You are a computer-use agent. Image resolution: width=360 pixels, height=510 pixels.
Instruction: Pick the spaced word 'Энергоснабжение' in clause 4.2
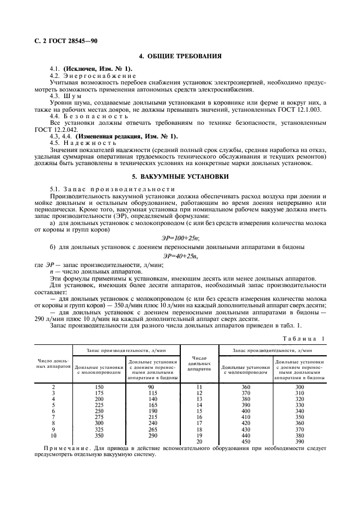102,75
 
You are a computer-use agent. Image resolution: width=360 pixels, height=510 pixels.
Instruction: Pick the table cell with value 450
245,441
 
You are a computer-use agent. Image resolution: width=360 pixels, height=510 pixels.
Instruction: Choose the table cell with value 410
245,416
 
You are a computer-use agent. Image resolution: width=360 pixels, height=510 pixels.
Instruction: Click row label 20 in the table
199,441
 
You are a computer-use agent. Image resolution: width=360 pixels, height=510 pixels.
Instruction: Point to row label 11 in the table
199,386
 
